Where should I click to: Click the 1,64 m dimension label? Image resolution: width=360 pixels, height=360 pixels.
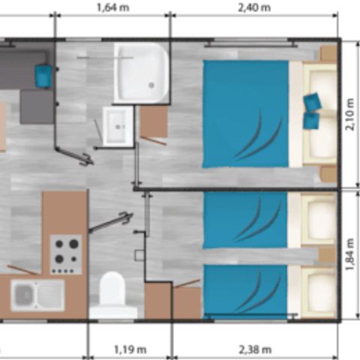point(112,9)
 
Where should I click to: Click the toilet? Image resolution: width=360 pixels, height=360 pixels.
point(113,295)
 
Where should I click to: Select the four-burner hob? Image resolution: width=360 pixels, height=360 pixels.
point(66,254)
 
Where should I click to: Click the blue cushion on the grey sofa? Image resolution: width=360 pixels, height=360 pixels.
point(43,74)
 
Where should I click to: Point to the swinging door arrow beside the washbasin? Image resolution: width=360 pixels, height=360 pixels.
point(77,156)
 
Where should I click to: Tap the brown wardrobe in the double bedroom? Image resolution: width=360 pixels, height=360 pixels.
point(154,121)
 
